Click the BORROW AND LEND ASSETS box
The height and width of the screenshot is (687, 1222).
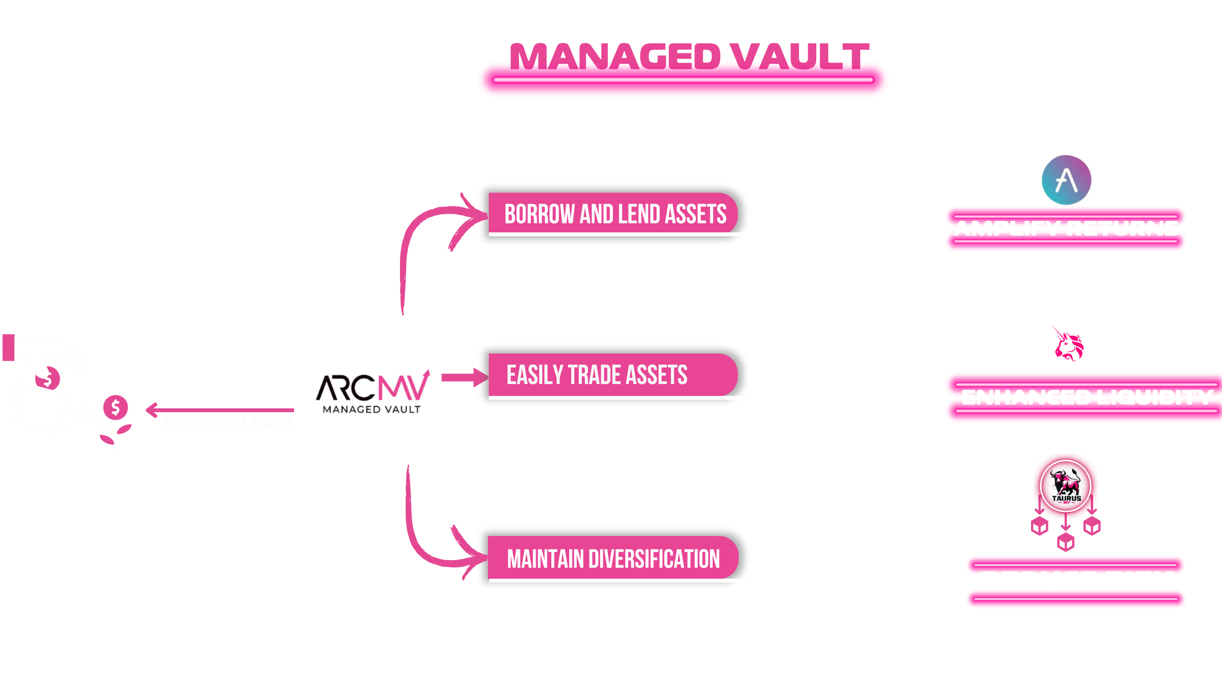point(615,214)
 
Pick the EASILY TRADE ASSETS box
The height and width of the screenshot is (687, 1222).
point(597,375)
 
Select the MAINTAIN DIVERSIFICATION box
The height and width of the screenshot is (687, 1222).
point(613,559)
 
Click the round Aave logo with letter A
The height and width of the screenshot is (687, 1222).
point(1066,180)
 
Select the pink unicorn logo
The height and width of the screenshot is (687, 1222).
point(1068,343)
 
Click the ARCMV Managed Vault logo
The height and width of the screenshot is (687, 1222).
point(373,389)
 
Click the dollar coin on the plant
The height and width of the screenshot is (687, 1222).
point(115,407)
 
